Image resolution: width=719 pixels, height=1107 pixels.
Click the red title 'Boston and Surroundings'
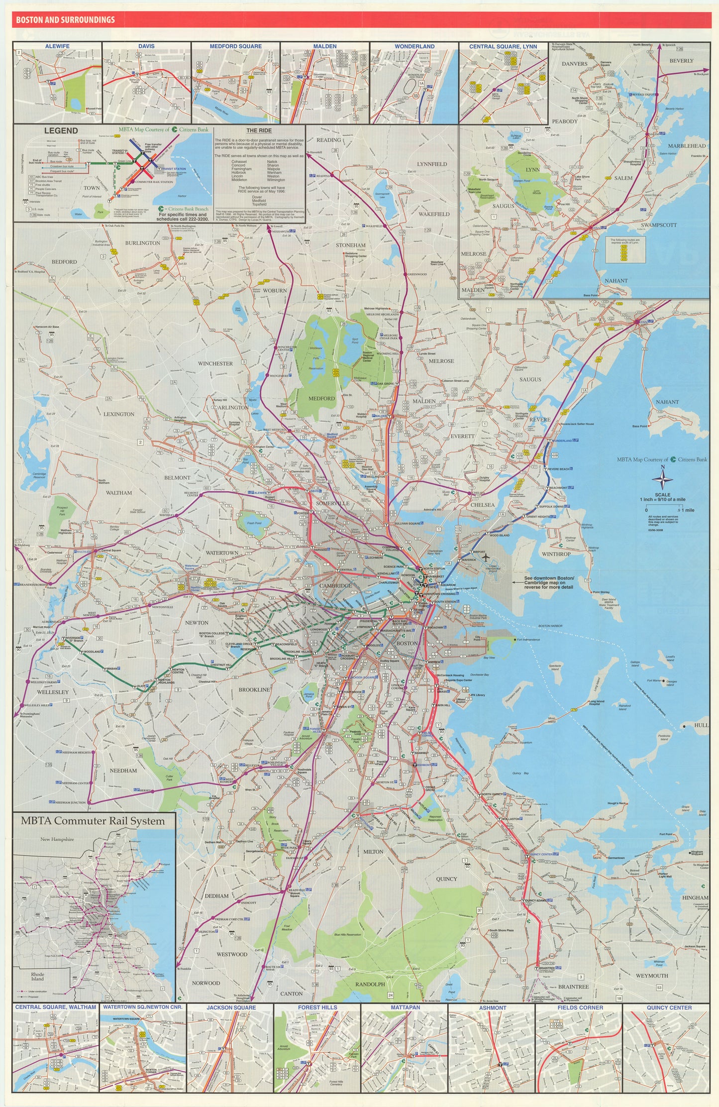click(65, 20)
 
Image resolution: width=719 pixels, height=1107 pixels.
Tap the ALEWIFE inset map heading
click(57, 46)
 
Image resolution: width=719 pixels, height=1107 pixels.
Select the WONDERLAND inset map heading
click(414, 46)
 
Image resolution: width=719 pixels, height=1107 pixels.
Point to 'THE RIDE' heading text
click(259, 130)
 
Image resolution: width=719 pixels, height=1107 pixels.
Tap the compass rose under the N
click(662, 481)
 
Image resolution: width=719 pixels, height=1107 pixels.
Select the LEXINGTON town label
click(119, 414)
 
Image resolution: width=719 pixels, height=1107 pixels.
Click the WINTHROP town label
click(556, 554)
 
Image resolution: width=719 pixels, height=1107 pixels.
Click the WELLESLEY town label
click(53, 692)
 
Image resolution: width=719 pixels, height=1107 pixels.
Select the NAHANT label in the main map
click(667, 402)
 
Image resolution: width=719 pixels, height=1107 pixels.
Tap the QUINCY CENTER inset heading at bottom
click(669, 1007)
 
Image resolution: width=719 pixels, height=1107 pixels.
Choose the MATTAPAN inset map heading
click(405, 1007)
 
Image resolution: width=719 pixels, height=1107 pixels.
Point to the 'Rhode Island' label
click(38, 977)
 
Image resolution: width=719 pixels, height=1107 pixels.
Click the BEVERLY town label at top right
click(681, 61)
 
